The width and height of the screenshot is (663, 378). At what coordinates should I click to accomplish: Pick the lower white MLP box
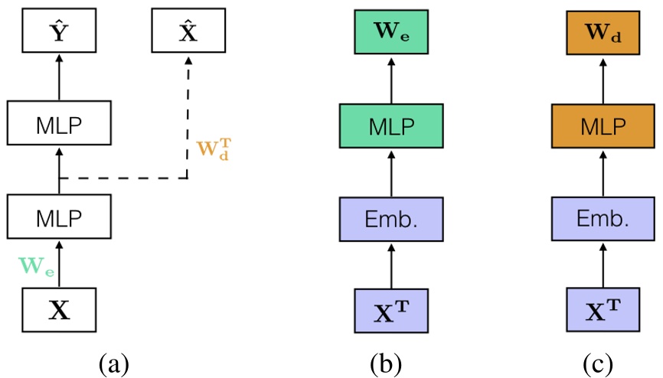[x=59, y=217]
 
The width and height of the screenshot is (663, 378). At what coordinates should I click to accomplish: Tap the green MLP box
[x=391, y=125]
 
